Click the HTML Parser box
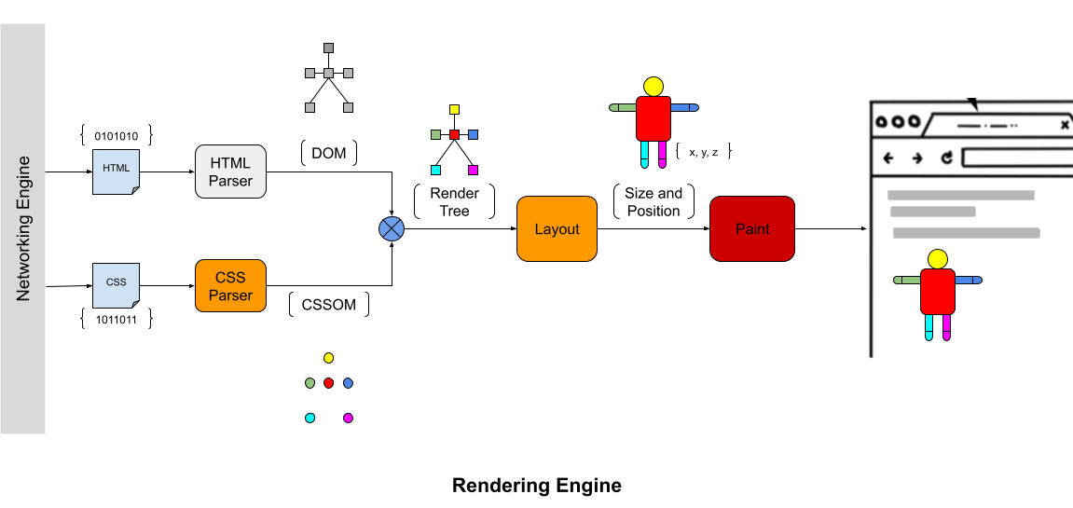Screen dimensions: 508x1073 [x=230, y=172]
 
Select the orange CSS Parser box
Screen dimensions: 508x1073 [x=230, y=285]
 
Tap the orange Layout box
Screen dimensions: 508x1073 [x=557, y=229]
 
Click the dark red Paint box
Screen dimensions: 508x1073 [x=752, y=229]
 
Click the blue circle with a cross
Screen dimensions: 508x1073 [x=391, y=229]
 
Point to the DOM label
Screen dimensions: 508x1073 [x=328, y=153]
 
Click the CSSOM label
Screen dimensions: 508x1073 [x=328, y=305]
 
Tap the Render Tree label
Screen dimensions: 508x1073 [x=454, y=202]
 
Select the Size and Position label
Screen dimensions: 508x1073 [x=653, y=202]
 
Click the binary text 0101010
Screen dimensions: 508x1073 [x=117, y=135]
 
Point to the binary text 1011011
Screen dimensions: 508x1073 [x=117, y=320]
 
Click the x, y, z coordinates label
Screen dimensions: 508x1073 [x=703, y=150]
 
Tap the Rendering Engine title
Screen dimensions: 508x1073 [x=536, y=486]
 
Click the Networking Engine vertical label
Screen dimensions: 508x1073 [x=23, y=229]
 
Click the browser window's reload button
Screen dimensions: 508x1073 [x=947, y=158]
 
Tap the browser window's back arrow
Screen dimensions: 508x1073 [x=888, y=158]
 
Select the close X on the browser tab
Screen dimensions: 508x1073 [x=1065, y=124]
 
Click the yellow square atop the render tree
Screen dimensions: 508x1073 [x=454, y=109]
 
